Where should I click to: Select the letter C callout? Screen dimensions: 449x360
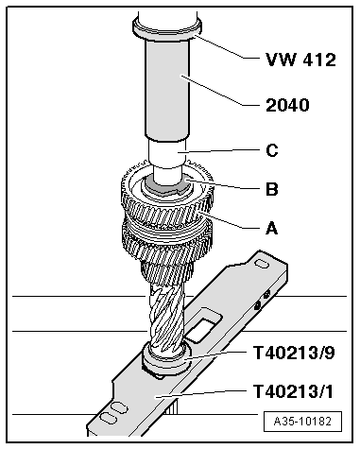(271, 149)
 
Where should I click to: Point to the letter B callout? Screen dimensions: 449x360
(271, 189)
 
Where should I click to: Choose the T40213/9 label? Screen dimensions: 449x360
(298, 354)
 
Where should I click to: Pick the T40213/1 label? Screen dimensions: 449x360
(298, 389)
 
